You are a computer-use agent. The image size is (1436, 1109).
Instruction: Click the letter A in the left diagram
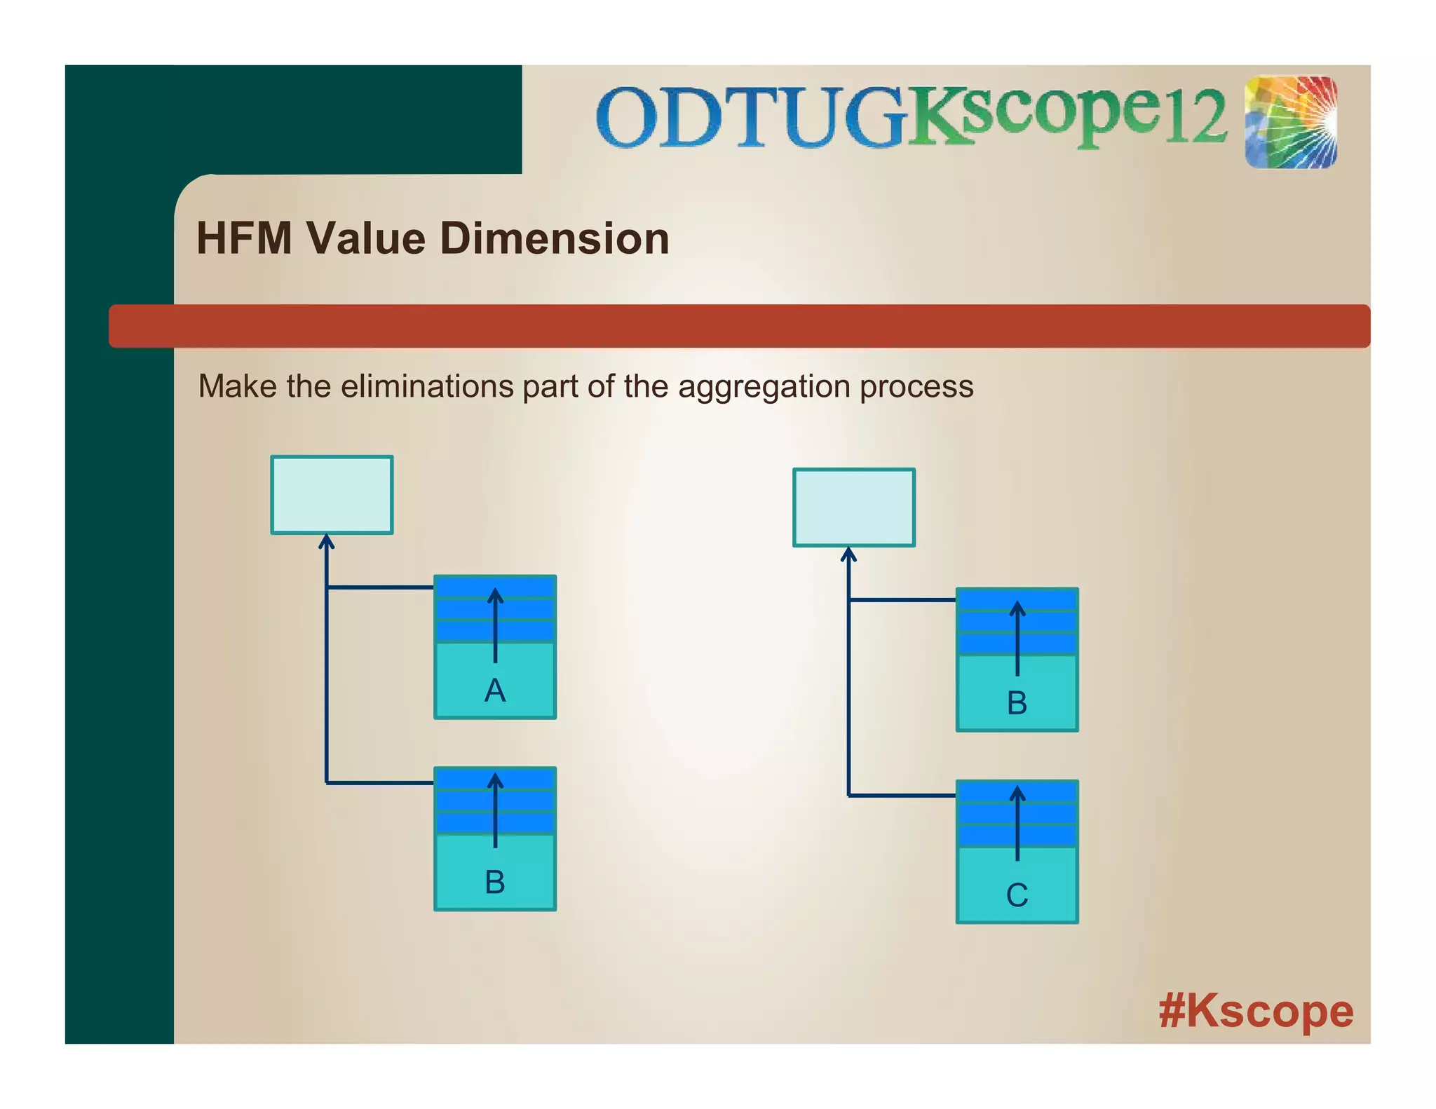pyautogui.click(x=494, y=690)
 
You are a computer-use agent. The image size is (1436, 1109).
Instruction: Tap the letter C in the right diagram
pyautogui.click(x=1017, y=895)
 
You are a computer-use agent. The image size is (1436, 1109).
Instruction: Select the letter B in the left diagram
pyautogui.click(x=494, y=882)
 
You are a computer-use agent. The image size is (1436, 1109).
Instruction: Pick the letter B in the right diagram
pyautogui.click(x=1017, y=703)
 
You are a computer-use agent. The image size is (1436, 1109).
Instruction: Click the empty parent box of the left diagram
pyautogui.click(x=332, y=495)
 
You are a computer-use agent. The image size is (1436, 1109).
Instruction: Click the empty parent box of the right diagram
pyautogui.click(x=853, y=508)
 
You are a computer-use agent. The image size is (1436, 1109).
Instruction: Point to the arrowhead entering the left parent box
pyautogui.click(x=326, y=540)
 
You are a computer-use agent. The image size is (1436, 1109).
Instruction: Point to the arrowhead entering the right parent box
pyautogui.click(x=848, y=554)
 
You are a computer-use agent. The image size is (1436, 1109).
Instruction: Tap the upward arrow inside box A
pyautogui.click(x=495, y=624)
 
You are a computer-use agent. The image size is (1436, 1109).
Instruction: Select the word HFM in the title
pyautogui.click(x=244, y=238)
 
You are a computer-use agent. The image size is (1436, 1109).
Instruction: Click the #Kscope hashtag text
pyautogui.click(x=1255, y=1012)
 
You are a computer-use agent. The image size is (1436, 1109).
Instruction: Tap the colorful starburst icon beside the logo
pyautogui.click(x=1290, y=122)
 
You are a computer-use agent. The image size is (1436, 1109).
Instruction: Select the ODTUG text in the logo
pyautogui.click(x=750, y=117)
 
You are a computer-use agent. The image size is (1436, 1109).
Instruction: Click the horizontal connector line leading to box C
pyautogui.click(x=902, y=796)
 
